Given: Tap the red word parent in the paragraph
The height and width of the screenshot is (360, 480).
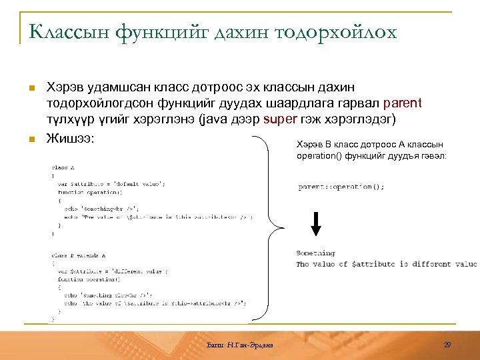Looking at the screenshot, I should (403, 103).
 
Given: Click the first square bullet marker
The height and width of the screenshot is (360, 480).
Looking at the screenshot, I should (30, 87).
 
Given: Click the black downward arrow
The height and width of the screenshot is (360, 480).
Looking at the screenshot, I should (317, 223).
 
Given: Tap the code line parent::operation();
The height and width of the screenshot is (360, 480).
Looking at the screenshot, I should (341, 187).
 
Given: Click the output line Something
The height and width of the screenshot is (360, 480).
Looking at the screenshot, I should (315, 253).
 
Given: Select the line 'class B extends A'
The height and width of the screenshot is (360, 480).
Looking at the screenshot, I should (79, 255).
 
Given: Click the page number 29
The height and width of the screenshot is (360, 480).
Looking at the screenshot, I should (447, 343).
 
